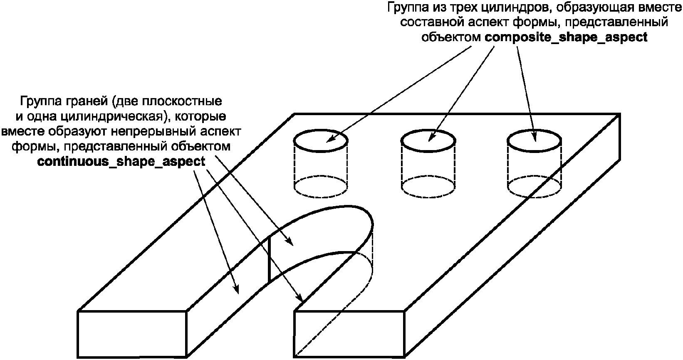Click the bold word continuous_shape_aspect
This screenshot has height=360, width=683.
click(x=121, y=162)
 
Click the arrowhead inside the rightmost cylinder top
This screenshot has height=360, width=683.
click(x=534, y=137)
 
